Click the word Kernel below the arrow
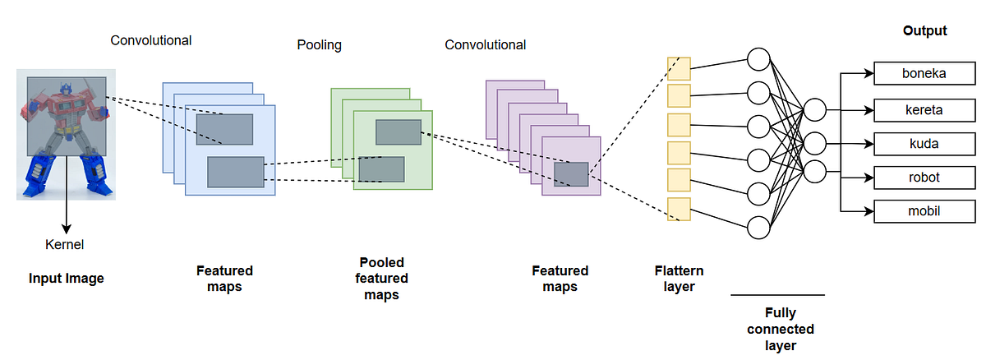[x=65, y=244]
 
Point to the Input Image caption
[x=67, y=279]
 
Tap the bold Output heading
[x=924, y=31]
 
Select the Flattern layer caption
[x=679, y=278]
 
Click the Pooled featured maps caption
[x=380, y=279]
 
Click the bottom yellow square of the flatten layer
[x=679, y=209]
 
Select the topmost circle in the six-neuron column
[x=758, y=59]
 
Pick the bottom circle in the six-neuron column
[x=758, y=224]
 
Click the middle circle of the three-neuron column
[x=814, y=141]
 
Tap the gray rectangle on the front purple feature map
[x=570, y=173]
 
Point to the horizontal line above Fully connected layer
[x=776, y=294]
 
